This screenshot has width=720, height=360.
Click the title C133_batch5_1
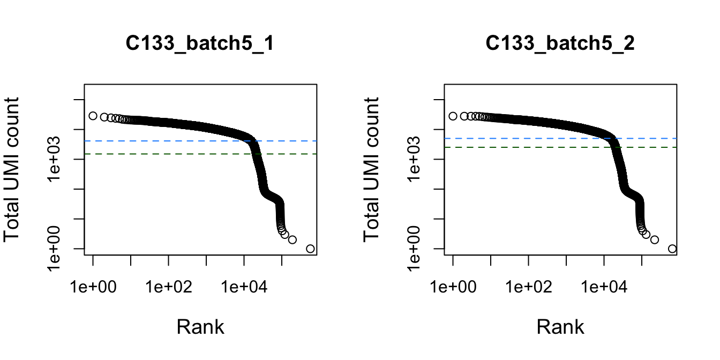point(200,44)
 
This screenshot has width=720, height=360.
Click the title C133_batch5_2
point(560,44)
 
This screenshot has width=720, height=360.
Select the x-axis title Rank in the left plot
point(200,327)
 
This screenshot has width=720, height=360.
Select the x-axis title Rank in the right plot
point(560,327)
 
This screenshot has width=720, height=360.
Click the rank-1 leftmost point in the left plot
point(93,116)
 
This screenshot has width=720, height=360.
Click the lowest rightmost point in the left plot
point(310,249)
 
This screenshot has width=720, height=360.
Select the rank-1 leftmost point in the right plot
point(453,116)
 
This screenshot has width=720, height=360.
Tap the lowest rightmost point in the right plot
point(672,249)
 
